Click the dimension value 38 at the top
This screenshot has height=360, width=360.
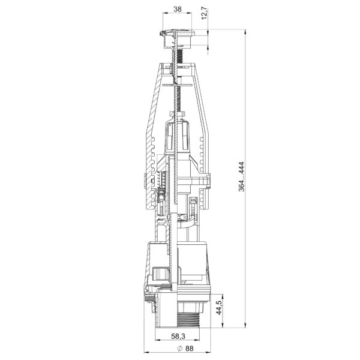point(177,9)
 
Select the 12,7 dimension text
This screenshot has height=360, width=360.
point(205,14)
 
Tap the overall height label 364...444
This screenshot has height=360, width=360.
point(242,177)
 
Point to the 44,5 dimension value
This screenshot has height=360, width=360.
point(218,308)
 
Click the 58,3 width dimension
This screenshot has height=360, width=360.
point(178,336)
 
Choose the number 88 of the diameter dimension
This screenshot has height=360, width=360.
point(190,348)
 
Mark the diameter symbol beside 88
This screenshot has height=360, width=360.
point(180,348)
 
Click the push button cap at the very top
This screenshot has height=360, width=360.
point(177,32)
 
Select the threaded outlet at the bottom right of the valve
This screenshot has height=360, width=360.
point(188,319)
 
